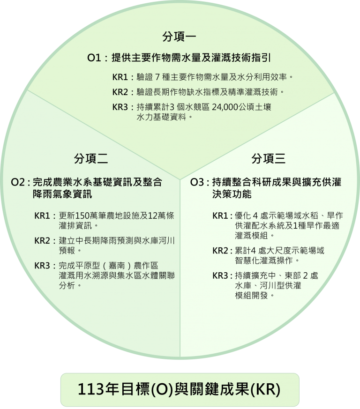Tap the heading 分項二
(x=91, y=159)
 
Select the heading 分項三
(x=268, y=159)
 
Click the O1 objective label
(x=95, y=58)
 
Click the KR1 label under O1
(x=120, y=76)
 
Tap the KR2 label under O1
(x=120, y=91)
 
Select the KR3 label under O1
(x=120, y=107)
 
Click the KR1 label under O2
(x=43, y=216)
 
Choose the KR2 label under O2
(x=43, y=241)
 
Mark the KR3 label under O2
(x=43, y=266)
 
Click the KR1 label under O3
(x=220, y=216)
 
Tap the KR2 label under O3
(x=220, y=251)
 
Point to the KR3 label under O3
(x=220, y=275)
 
